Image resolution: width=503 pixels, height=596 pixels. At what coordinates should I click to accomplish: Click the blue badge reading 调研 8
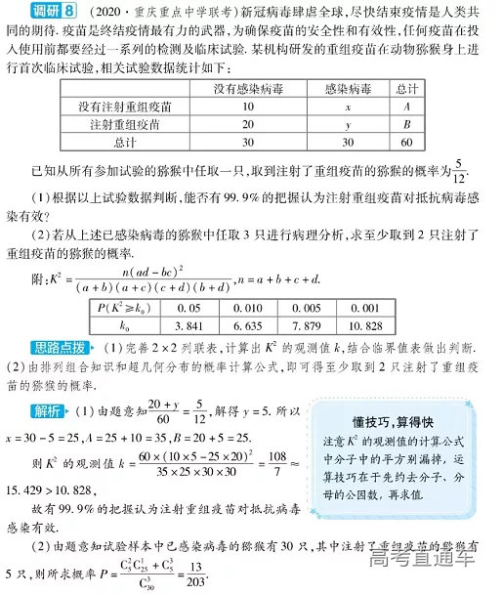pos(32,13)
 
